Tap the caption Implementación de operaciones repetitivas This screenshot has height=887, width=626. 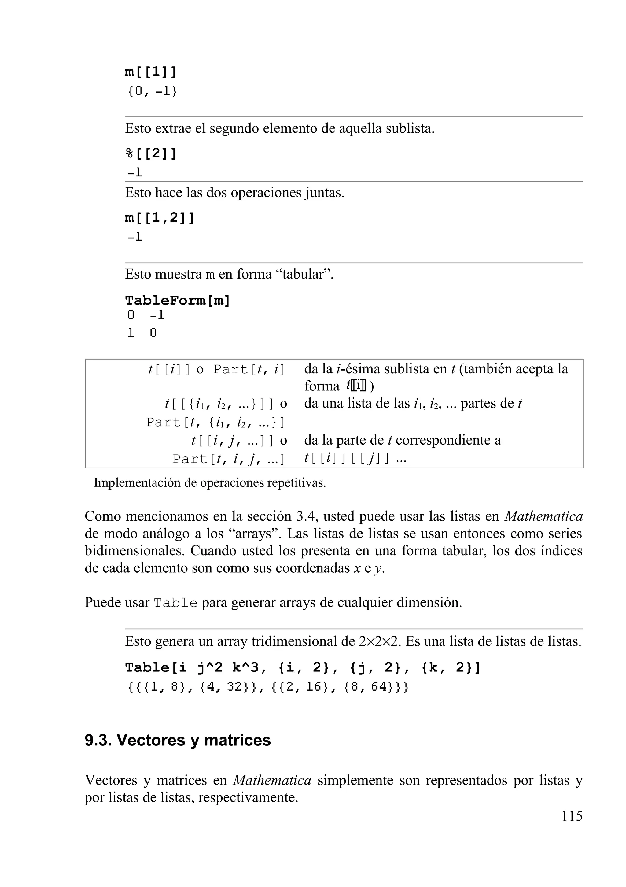210,483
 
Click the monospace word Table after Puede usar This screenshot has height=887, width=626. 176,603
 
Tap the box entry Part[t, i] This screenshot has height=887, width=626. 249,370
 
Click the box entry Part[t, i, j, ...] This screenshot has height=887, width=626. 229,459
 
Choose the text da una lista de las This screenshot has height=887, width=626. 356,403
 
